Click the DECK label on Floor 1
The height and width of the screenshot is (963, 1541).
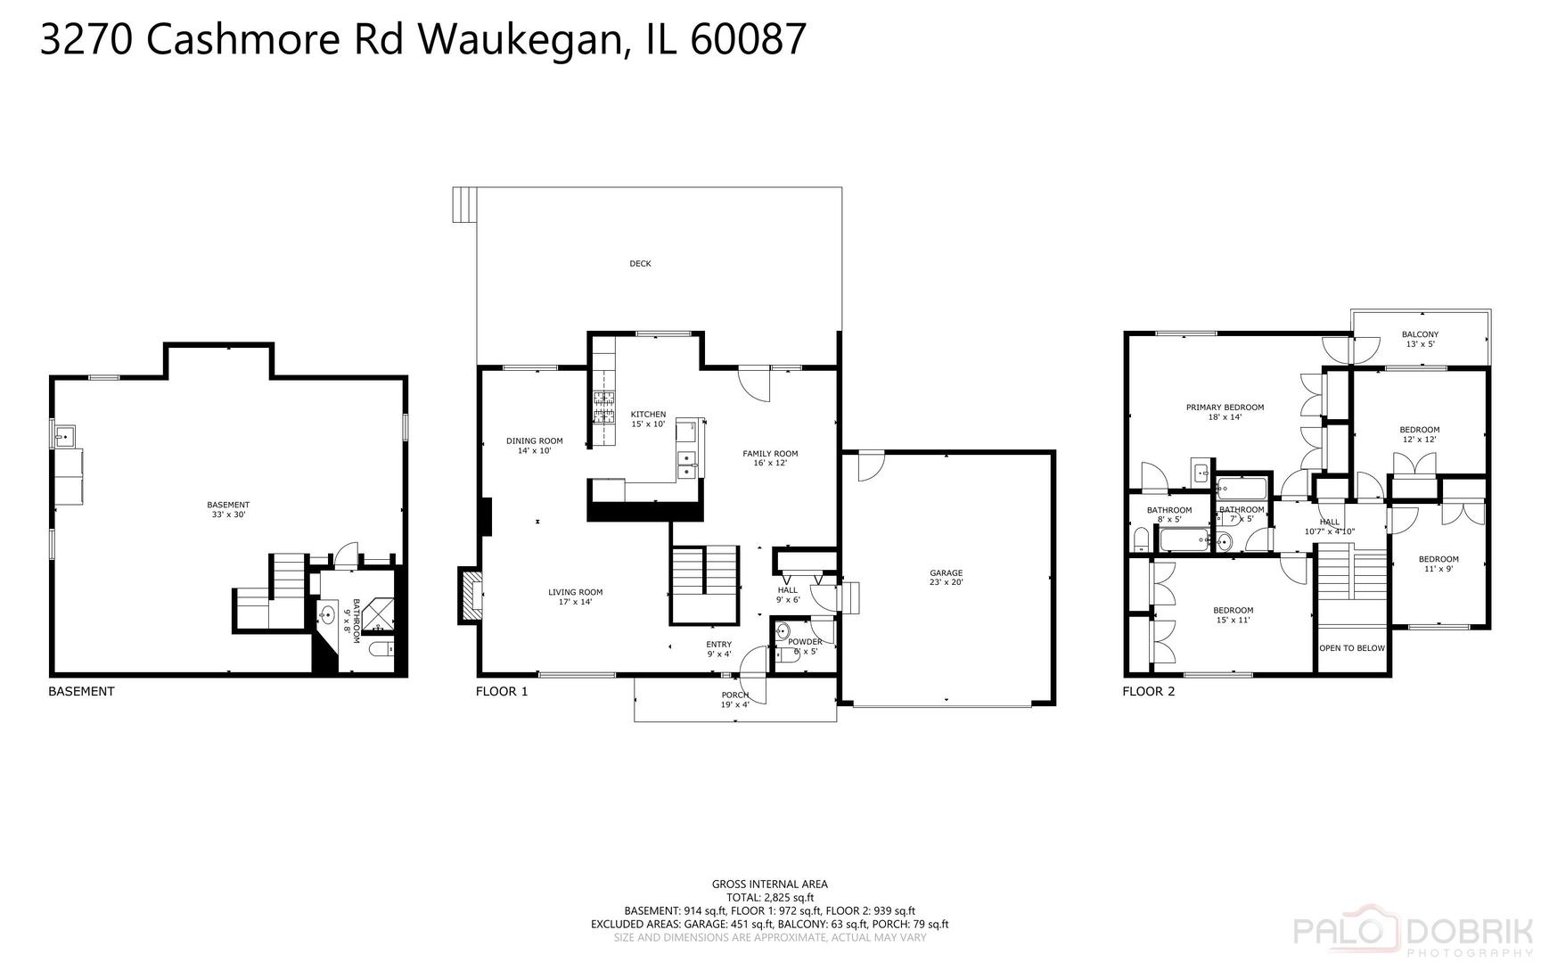click(640, 264)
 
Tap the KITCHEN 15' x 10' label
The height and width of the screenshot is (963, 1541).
click(648, 419)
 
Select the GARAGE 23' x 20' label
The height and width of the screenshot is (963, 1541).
click(946, 578)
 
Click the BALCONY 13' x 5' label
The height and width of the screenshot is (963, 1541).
click(1420, 339)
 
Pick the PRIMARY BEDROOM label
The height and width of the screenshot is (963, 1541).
click(1225, 407)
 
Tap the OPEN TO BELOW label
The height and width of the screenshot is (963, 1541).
click(1352, 648)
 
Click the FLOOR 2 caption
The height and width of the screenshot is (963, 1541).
click(1149, 691)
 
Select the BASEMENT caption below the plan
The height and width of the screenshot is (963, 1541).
click(81, 691)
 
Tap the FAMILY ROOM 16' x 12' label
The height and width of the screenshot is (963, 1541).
click(770, 458)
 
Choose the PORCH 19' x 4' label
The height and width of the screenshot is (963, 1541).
click(735, 700)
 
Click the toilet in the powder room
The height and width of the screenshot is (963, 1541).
click(783, 633)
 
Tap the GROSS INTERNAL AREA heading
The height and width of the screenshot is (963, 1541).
click(769, 885)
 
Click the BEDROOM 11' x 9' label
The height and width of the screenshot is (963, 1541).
click(1439, 564)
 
